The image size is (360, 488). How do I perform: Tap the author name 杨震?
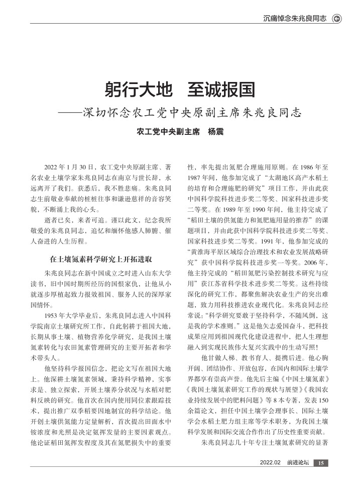[216, 132]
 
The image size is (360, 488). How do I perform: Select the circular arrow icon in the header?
[337, 19]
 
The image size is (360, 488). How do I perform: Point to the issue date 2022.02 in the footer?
[270, 463]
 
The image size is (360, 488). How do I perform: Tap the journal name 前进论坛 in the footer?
[298, 463]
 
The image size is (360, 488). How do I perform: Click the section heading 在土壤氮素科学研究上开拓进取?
[100, 260]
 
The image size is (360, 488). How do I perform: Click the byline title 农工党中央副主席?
[165, 132]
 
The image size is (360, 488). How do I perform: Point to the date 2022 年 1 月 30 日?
[69, 166]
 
